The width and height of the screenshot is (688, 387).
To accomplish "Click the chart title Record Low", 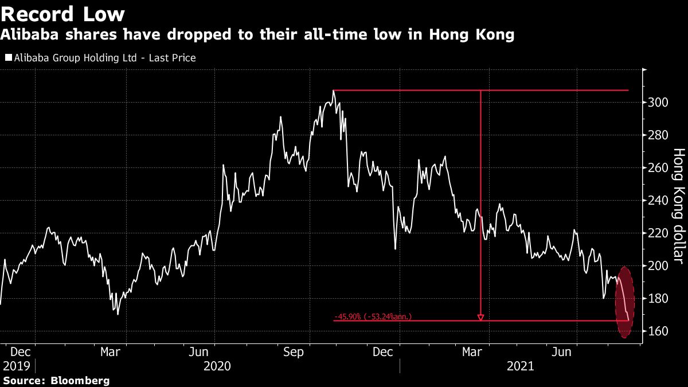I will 63,13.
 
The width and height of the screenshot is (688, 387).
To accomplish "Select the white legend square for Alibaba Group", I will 8,58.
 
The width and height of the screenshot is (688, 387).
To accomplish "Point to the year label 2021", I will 520,366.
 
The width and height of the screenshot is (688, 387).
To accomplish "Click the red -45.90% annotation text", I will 373,316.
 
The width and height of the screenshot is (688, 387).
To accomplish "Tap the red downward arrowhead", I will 480,316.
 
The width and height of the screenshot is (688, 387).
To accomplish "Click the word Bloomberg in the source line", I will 81,380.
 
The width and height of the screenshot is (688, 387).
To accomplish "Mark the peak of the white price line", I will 333,91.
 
